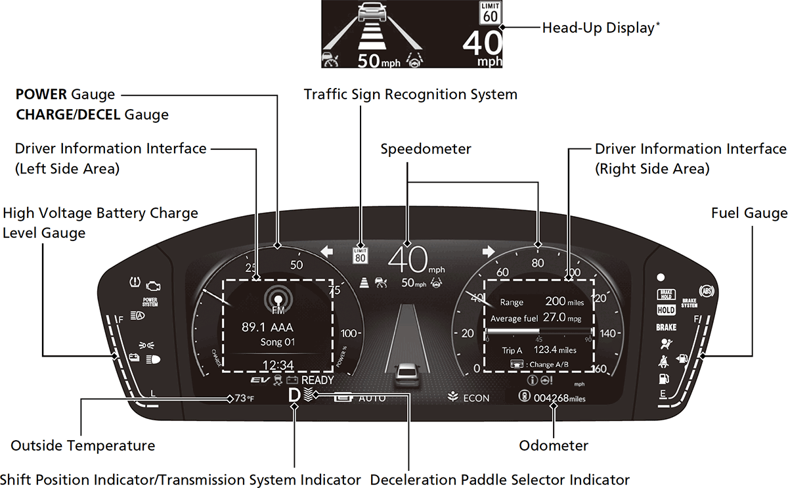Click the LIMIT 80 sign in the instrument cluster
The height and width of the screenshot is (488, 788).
(x=360, y=255)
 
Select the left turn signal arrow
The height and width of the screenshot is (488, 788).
(x=327, y=252)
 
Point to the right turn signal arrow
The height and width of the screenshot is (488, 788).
(x=489, y=251)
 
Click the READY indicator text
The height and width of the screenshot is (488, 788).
(x=318, y=380)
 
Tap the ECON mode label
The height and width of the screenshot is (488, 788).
(x=476, y=397)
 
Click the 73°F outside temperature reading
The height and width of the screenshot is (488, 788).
(x=244, y=398)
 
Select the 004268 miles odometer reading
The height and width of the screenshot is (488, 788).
(x=559, y=398)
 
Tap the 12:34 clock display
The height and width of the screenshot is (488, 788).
(x=278, y=365)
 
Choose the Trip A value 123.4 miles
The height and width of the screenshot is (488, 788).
(x=555, y=350)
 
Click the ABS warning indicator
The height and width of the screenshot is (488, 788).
(x=707, y=290)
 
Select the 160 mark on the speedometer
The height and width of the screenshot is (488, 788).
(x=599, y=369)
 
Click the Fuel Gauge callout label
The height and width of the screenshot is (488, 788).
(x=749, y=213)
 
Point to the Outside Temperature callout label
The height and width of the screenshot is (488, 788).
(x=83, y=445)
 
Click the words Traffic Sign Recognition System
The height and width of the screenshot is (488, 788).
(x=410, y=95)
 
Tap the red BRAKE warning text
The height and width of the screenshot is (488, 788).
(x=666, y=326)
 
